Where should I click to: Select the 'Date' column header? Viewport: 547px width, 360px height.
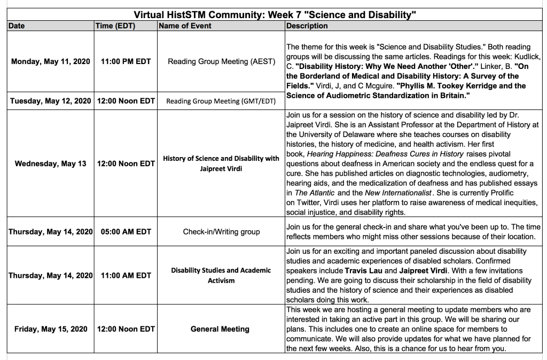17,26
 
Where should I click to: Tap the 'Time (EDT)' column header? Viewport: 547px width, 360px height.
115,26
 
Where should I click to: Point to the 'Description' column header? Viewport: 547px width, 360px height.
307,26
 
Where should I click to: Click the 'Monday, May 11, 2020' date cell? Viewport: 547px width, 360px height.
51,61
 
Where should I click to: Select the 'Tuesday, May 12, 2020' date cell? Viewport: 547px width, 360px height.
51,101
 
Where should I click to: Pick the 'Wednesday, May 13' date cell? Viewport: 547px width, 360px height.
50,163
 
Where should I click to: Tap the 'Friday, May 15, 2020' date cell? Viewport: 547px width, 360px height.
51,329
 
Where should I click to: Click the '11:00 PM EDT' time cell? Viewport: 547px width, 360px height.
126,61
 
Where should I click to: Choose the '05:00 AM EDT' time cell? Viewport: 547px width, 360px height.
126,232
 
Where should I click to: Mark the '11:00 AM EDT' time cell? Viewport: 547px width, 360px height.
126,276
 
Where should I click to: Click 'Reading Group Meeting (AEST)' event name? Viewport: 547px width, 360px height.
222,61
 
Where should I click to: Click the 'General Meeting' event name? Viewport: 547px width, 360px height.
220,329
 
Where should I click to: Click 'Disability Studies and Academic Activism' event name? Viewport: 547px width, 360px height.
221,275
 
